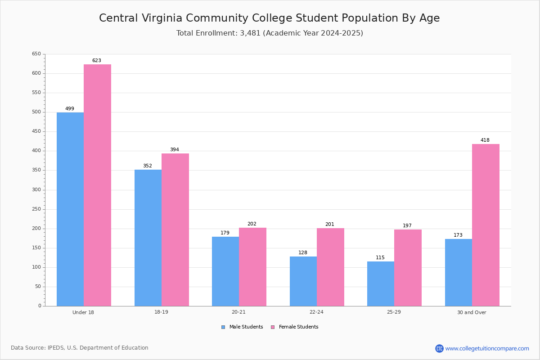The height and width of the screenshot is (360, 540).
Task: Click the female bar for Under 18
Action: pos(97,185)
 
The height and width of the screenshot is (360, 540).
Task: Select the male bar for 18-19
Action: pos(148,238)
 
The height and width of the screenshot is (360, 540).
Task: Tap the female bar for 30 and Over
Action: pos(486,225)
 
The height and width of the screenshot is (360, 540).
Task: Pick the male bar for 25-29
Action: pos(381,284)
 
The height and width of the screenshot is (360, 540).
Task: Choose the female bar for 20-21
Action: pos(252,267)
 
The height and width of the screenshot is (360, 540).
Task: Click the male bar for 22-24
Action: pos(303,281)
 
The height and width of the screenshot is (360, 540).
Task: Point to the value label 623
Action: pos(97,60)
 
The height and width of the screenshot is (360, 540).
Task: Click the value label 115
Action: pos(380,257)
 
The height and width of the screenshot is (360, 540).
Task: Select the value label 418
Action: pos(485,140)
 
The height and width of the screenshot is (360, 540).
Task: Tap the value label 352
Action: pos(148,166)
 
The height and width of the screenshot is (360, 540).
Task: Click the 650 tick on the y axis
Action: pos(36,54)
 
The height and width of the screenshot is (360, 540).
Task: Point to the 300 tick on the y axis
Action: pos(36,190)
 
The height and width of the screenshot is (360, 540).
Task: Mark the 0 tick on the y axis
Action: pos(40,306)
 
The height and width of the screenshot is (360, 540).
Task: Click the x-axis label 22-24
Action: pos(316,312)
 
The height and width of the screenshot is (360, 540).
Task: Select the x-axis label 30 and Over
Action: pos(472,312)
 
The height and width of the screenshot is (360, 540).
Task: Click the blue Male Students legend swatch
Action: pos(223,327)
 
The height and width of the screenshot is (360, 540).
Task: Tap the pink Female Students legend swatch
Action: pos(273,327)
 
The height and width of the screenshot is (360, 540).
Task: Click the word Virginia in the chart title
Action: pos(162,18)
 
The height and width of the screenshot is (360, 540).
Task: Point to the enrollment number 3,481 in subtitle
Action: pos(250,33)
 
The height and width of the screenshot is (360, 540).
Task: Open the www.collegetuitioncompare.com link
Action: pos(487,348)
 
